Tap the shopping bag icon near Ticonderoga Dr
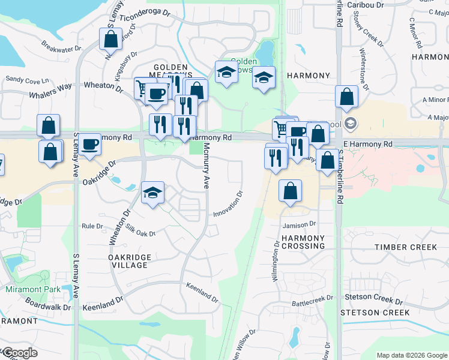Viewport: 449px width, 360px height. coord(111,40)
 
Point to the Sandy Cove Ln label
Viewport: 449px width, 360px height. coord(27,80)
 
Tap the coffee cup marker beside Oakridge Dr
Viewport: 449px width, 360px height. coord(89,144)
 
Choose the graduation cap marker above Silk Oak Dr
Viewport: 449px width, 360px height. coord(153,193)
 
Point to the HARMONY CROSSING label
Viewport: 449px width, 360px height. coord(303,242)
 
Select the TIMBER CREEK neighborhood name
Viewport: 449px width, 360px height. coord(406,247)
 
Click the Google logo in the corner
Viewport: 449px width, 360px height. coord(19,353)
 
